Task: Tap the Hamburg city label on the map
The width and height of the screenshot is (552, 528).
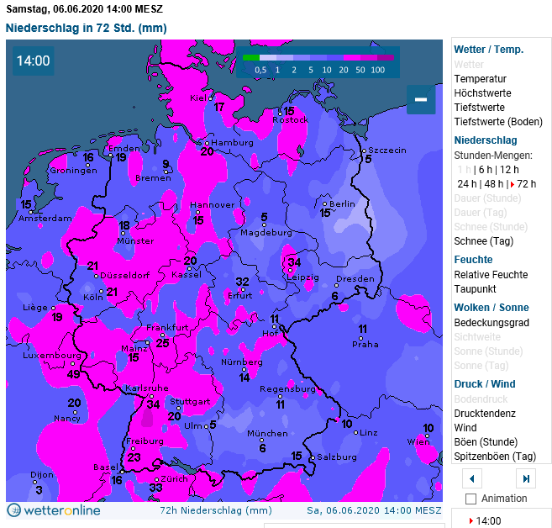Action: coord(232,143)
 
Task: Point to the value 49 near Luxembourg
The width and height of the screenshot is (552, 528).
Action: coord(74,374)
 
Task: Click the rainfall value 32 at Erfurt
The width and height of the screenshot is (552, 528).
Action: coord(242,282)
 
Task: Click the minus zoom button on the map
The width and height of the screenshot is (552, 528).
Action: coord(421,99)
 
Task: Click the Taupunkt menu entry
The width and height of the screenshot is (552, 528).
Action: coord(476,289)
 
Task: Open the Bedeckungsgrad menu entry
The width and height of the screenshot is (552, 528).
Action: coord(492,323)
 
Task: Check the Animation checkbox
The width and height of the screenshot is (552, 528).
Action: coord(471,499)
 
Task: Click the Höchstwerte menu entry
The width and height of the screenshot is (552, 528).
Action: coord(482,93)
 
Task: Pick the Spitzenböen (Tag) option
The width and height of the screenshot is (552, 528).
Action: coord(495,457)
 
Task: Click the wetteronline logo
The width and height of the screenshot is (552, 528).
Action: coord(54,510)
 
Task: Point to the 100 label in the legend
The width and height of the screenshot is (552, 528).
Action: coord(377,70)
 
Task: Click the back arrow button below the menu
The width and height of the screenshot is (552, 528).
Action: coord(472,478)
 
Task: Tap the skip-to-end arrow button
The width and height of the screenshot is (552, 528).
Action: coord(526,478)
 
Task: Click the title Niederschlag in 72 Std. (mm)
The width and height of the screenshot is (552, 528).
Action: coord(87,28)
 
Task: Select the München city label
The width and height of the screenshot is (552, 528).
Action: coord(267,434)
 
